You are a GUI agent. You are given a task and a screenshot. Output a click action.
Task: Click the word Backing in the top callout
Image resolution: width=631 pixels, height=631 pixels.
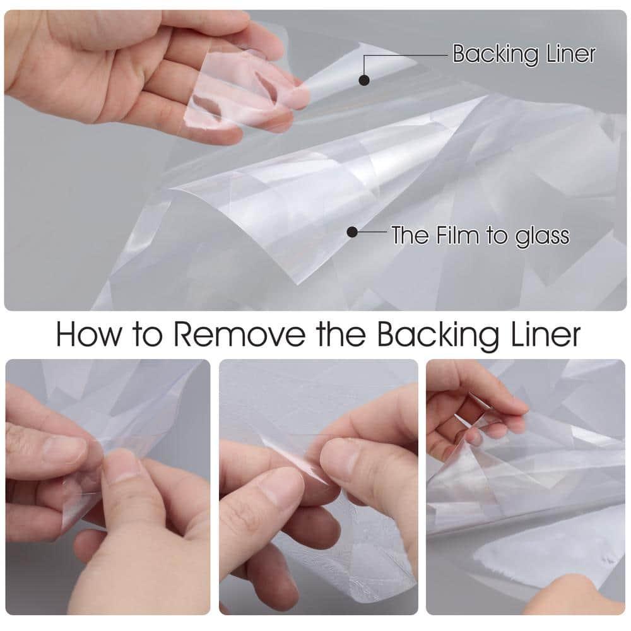(495, 54)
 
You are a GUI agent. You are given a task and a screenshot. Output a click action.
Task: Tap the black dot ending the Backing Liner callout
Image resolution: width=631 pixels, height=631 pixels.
(364, 80)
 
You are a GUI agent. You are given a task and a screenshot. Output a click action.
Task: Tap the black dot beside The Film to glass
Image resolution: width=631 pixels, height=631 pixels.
(352, 232)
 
